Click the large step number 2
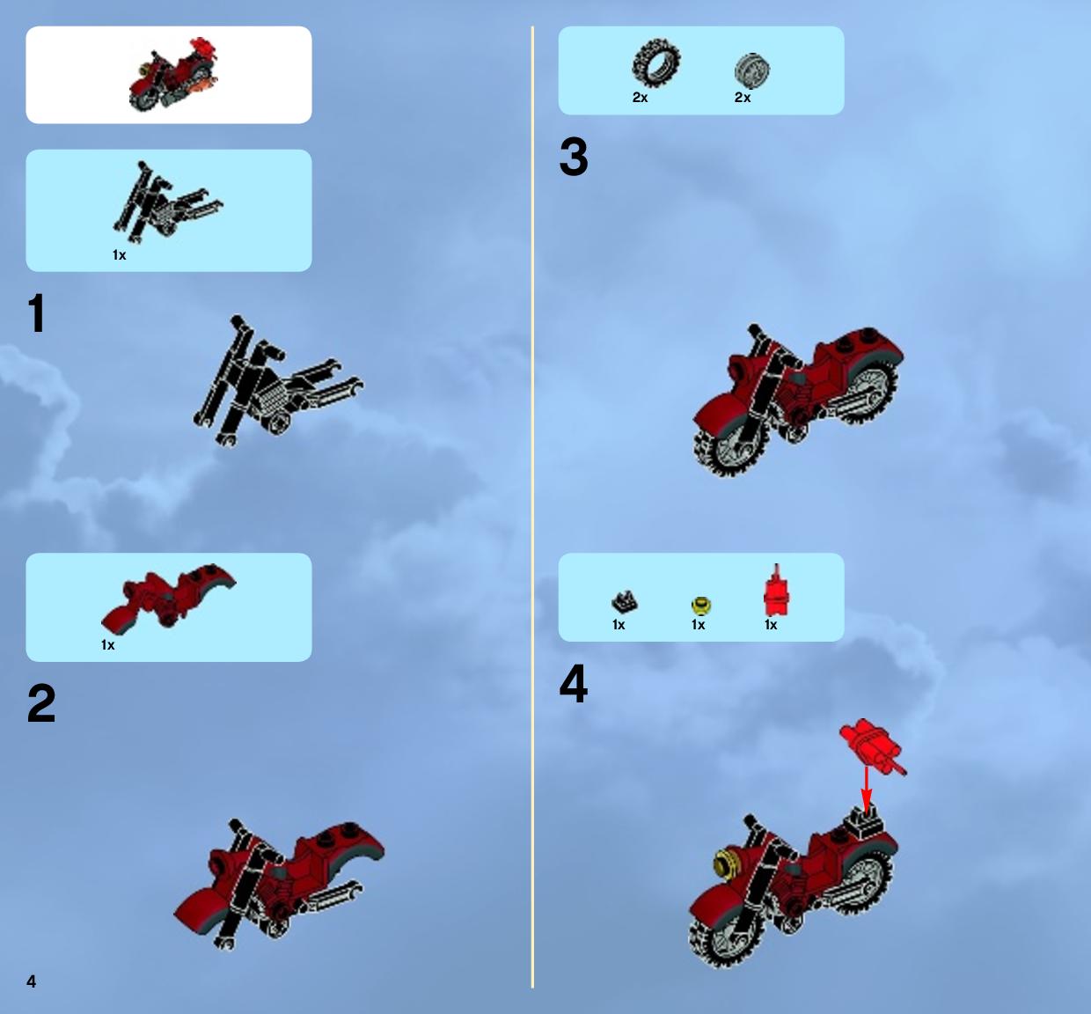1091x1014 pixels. point(41,702)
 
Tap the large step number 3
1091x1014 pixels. point(574,157)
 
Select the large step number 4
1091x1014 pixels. point(574,683)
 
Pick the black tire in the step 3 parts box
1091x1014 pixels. point(655,62)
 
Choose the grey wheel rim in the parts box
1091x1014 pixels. point(752,70)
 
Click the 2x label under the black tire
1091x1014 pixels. point(640,98)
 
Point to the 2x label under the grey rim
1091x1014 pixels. point(743,98)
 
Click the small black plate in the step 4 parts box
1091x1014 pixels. point(624,602)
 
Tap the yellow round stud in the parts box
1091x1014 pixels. point(701,605)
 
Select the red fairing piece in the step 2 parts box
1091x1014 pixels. point(169,598)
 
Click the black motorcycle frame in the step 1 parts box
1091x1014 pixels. point(167,202)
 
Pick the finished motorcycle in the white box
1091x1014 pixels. point(173,75)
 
